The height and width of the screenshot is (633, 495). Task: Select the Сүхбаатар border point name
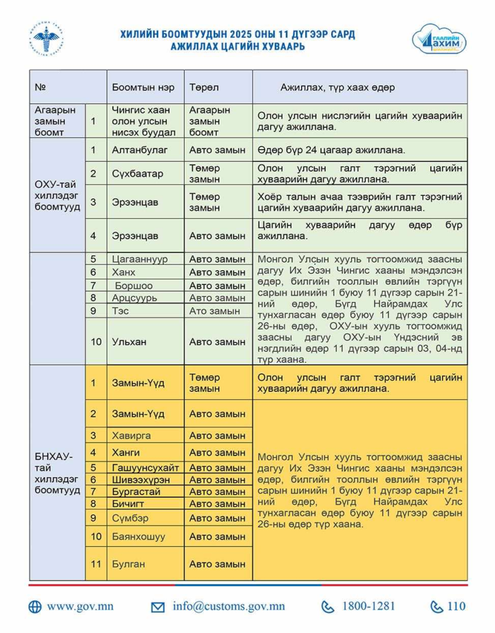[137, 174]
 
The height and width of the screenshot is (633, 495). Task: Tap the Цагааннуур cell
[140, 259]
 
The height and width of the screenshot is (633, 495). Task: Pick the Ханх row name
[124, 273]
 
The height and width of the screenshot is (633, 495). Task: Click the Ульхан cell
[129, 342]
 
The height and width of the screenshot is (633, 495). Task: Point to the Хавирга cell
[131, 436]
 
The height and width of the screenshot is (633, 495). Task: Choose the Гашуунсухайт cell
[146, 468]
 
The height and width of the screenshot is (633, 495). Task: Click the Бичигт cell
[127, 504]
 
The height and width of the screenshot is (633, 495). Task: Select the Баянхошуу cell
[138, 537]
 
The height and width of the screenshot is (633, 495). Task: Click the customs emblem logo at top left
[47, 39]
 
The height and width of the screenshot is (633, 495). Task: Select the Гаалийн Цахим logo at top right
[439, 40]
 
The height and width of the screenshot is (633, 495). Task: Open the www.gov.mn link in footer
[80, 607]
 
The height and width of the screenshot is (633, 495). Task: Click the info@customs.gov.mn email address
[229, 607]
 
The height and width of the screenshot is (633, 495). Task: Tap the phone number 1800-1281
[368, 607]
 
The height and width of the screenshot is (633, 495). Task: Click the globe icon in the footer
[35, 607]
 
